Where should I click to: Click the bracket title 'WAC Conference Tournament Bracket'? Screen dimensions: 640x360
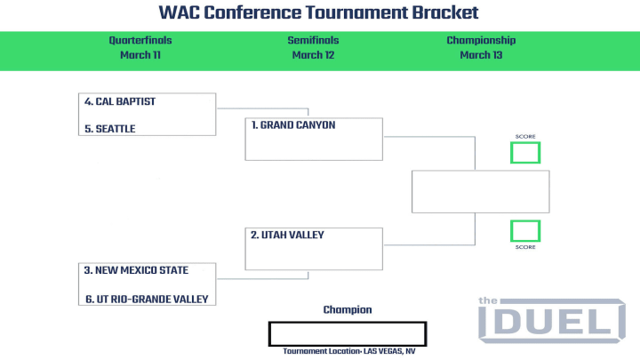318,12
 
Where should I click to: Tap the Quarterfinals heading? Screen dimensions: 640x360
140,40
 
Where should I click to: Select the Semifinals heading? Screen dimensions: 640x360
313,40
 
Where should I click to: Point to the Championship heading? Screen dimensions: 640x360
481,40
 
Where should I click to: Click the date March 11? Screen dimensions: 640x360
140,55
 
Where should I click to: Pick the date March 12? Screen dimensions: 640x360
313,55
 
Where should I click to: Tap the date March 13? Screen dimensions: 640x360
481,55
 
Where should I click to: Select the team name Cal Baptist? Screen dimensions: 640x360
120,101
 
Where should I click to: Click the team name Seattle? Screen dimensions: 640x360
110,129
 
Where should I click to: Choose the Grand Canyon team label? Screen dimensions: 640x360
293,125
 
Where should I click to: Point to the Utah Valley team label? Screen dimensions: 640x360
287,235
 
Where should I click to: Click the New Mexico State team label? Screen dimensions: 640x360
136,270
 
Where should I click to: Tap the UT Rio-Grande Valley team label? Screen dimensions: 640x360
147,300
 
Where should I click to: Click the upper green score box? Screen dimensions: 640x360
525,141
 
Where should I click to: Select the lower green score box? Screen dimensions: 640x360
525,220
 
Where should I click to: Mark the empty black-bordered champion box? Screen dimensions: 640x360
348,323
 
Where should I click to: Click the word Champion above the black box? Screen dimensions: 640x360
348,310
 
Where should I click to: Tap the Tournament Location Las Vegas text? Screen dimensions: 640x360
349,351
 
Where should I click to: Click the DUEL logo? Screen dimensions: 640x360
552,320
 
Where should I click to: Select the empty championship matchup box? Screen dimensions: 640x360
480,171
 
